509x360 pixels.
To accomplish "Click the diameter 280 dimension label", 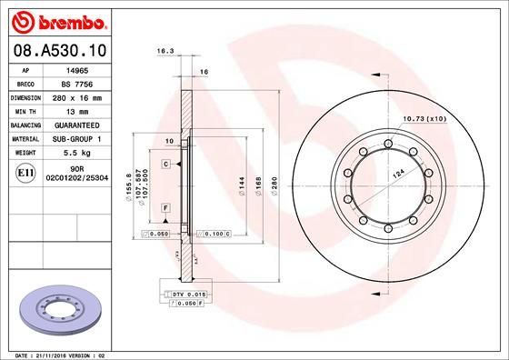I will tap(274, 182).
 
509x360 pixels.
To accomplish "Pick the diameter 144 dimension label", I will tap(241, 182).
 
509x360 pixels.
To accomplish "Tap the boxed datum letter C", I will tap(167, 164).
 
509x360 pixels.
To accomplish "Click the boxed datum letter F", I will tap(167, 208).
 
